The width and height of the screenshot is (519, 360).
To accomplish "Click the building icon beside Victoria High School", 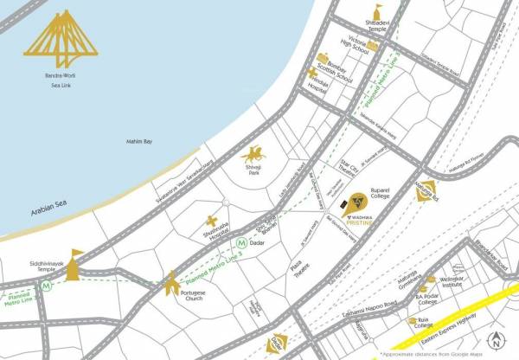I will [375, 44].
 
